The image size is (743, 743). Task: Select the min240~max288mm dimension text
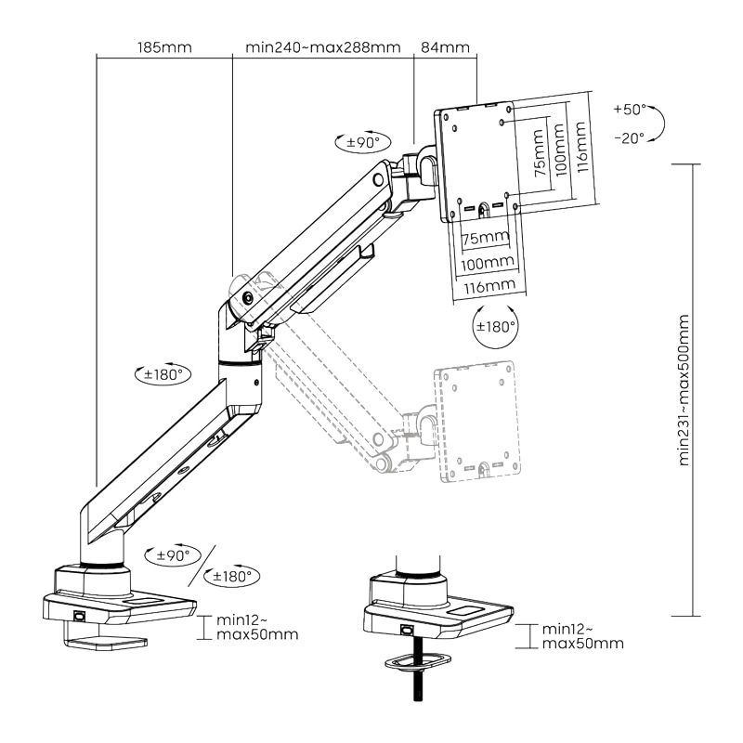coord(322,47)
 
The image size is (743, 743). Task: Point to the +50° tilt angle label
coord(629,110)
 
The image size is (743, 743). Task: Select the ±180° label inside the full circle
coord(494,327)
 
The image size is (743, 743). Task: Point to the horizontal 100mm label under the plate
coord(487,263)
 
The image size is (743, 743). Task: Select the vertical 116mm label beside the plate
coord(580,148)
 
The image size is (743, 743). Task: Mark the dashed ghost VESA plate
coord(474,423)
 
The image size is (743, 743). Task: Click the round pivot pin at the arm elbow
coord(249,298)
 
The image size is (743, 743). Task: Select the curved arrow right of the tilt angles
coord(656,124)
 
